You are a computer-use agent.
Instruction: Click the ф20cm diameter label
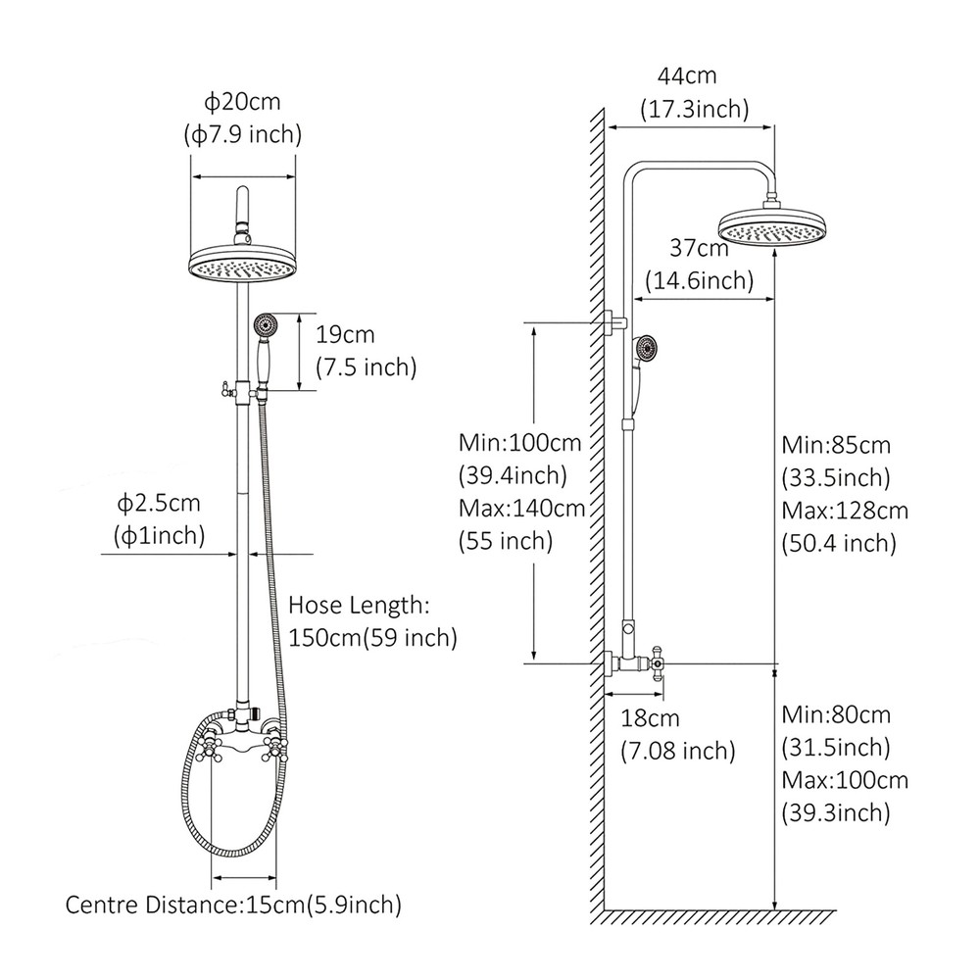point(242,102)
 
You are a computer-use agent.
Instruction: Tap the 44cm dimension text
point(687,76)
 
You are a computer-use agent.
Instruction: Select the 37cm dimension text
point(699,248)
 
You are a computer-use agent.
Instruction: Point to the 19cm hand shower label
point(345,334)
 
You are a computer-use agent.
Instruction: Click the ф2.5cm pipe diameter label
point(159,503)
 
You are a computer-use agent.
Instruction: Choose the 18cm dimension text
point(650,718)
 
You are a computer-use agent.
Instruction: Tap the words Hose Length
point(358,605)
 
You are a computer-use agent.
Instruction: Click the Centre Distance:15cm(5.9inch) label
point(233,905)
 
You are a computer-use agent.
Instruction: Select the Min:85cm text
point(836,445)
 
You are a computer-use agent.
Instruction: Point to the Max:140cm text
point(521,508)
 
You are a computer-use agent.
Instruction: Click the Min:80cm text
point(836,714)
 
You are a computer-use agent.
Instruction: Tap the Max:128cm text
point(845,511)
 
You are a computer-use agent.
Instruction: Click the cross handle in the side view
point(656,663)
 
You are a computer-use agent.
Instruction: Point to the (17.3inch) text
point(695,110)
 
